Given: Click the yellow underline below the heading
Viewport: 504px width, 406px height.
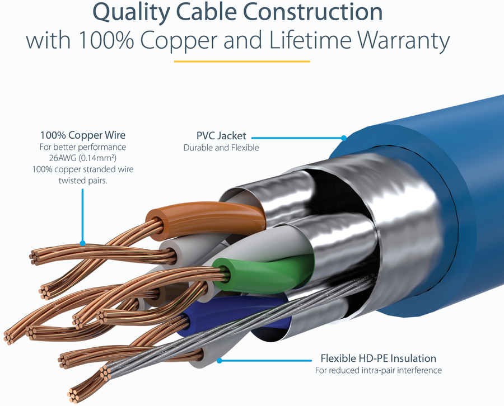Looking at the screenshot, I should pos(242,61).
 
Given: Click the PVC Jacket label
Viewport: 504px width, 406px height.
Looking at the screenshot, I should pos(221,136).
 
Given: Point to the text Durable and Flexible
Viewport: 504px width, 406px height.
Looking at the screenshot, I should pos(221,148).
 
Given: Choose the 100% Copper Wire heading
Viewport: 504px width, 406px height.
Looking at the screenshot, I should pos(83,135).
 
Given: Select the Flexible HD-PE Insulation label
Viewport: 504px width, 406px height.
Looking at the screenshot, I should pos(378,358).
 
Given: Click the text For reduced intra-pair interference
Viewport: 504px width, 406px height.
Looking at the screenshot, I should pos(378,370).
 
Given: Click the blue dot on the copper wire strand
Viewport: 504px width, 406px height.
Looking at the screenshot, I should pos(82,243).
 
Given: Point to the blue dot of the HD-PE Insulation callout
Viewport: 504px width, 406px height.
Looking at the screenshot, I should pos(220,361).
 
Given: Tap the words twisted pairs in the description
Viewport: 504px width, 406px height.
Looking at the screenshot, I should pos(83,180).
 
